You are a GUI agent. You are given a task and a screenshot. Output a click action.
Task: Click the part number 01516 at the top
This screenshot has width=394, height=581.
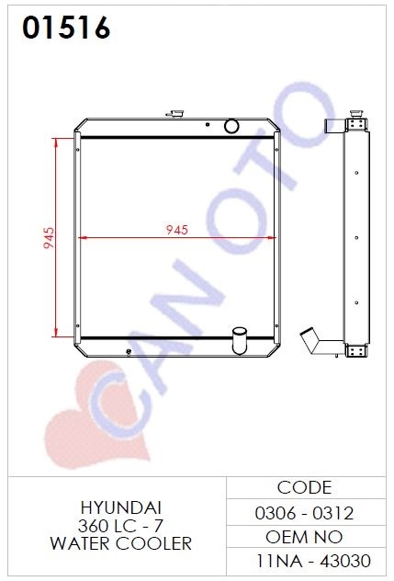point(66,28)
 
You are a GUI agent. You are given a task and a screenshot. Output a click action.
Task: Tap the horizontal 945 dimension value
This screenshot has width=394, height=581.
point(177,230)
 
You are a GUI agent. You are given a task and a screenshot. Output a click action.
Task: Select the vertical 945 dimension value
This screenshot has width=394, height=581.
point(49,238)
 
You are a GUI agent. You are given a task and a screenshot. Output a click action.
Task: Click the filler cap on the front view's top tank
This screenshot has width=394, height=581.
point(175,113)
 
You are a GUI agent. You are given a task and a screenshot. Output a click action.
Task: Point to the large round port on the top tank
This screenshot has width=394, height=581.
point(231,126)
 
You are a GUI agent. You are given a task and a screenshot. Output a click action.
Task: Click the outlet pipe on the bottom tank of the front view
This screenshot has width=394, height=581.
point(239,341)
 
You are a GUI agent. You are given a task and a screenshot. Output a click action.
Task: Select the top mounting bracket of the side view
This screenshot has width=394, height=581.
point(357,124)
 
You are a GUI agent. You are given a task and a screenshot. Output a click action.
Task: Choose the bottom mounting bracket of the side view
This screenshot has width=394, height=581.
point(356,350)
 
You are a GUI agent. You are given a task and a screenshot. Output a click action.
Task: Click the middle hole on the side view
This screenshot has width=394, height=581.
point(356,237)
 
